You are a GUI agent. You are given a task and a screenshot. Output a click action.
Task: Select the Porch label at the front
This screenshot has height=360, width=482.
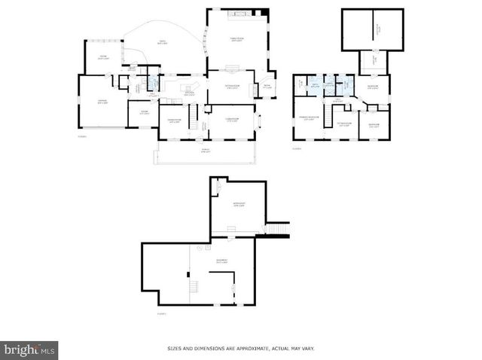[206, 151]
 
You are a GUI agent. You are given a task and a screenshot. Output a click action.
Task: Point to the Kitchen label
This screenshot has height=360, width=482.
[190, 94]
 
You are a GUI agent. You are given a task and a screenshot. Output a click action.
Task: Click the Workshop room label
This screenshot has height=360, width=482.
[239, 205]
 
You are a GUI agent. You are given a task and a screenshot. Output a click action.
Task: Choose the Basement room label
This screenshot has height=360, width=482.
[221, 262]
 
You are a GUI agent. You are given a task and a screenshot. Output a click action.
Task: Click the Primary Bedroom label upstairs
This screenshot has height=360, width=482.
[308, 118]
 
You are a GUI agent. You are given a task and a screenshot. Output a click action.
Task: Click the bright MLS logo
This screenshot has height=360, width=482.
[29, 350]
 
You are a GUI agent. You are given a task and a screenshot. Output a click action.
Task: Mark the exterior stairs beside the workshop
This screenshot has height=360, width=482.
[278, 227]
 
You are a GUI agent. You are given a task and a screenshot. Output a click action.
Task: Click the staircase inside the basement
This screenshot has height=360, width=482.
[193, 285]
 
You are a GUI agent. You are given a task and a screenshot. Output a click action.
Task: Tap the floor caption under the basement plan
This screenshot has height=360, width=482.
[161, 313]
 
